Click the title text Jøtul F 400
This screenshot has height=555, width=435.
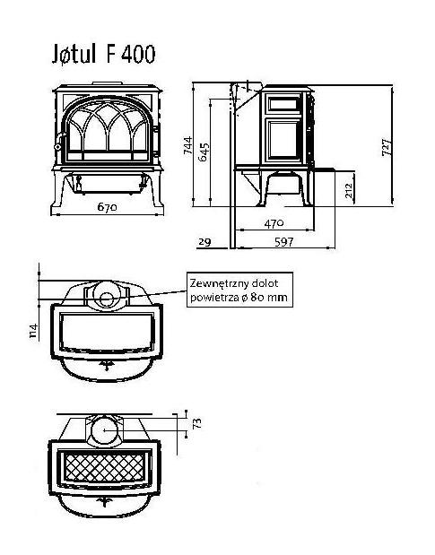pos(104,54)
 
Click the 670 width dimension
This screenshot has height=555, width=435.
pos(107,207)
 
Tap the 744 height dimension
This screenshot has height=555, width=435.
pos(187,145)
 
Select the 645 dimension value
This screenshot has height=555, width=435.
pos(204,152)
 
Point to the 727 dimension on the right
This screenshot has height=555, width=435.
pos(387,147)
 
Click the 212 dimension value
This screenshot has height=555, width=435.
pos(349,190)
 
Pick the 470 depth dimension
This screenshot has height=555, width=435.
pos(274,223)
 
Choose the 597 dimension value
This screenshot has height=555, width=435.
pos(283,242)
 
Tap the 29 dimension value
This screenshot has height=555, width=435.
pos(204,242)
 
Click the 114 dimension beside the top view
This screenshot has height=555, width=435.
pos(33,331)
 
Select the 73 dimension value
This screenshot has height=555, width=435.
pos(196,423)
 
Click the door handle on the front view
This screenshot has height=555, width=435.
pos(59,141)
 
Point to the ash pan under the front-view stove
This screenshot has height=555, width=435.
pos(107,183)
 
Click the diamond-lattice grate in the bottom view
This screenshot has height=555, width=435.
pos(105,467)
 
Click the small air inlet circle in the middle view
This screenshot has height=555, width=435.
pos(107,300)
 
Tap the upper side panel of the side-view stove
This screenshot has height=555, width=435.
pos(283,104)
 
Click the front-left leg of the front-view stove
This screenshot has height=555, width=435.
pos(59,191)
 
